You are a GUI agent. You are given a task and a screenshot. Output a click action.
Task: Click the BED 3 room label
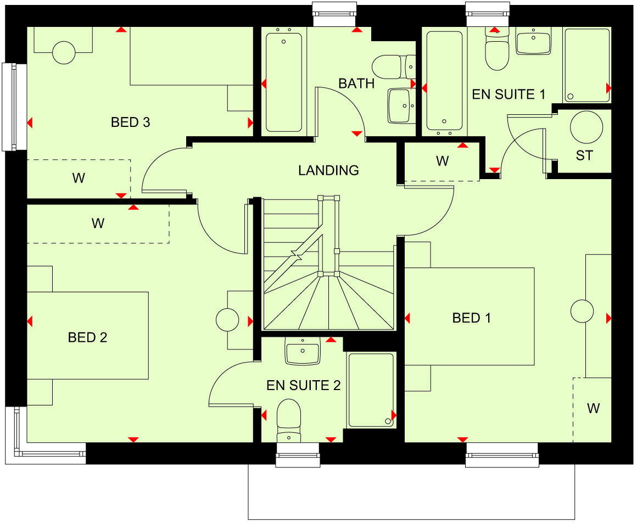click(x=131, y=122)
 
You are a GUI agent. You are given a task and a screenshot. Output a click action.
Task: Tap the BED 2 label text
click(x=87, y=337)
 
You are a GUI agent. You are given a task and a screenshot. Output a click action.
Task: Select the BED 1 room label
click(x=472, y=318)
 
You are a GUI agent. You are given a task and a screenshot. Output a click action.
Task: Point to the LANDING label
click(x=328, y=170)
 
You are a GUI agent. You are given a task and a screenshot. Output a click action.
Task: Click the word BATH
click(x=356, y=84)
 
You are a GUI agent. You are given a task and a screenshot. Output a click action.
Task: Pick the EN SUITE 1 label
click(x=509, y=94)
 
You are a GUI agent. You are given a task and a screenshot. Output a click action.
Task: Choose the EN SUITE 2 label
click(x=304, y=385)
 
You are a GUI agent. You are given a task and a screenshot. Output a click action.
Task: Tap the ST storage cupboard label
click(x=584, y=155)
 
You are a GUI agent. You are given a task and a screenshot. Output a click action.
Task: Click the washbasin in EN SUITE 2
click(x=303, y=351)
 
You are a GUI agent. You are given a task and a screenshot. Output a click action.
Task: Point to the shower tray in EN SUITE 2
click(x=371, y=390)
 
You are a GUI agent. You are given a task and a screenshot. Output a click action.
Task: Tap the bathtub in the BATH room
click(x=283, y=82)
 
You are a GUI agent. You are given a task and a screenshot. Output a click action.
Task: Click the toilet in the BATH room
click(x=391, y=67)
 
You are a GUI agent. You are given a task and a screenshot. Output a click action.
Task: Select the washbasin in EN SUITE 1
click(x=533, y=42)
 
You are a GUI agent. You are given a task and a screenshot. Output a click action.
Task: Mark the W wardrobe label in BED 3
click(x=79, y=178)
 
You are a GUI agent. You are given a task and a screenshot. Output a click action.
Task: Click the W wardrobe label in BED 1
click(x=593, y=408)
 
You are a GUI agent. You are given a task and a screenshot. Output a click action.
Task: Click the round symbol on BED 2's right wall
click(x=227, y=320)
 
